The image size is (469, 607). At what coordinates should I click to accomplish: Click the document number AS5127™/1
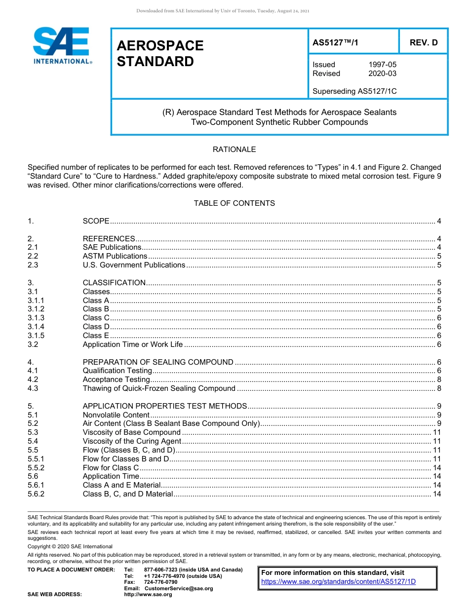point(335,43)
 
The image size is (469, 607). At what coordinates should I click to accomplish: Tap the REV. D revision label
point(424,43)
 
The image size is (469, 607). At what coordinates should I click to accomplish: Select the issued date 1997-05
point(382,65)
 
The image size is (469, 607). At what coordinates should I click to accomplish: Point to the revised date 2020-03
point(382,74)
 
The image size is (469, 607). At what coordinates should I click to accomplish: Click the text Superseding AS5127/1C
point(354,91)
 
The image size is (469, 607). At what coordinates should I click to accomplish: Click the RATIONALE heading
point(234,150)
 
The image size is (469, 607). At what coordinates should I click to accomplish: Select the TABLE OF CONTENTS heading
point(234,203)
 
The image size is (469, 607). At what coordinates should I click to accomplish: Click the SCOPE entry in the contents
point(96,221)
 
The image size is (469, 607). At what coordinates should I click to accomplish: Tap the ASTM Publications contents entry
point(115,256)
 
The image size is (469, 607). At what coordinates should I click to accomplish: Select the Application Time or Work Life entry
point(132,344)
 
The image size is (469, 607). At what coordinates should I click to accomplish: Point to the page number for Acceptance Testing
point(439,379)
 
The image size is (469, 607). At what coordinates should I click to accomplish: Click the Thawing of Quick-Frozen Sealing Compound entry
point(159,388)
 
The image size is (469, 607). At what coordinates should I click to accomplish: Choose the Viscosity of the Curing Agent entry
point(132,441)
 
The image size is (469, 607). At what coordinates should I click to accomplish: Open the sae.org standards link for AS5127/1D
point(338,581)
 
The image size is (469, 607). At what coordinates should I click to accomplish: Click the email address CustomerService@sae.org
point(178,588)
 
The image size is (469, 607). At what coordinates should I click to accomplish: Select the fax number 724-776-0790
point(161,582)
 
